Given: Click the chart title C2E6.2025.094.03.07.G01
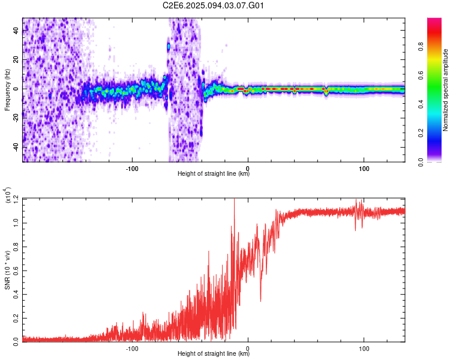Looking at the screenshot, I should click(x=214, y=5).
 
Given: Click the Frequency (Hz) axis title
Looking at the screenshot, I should click(x=7, y=89).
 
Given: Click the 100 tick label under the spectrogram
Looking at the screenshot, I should click(x=364, y=167).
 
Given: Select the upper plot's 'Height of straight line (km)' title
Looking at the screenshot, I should click(x=214, y=174).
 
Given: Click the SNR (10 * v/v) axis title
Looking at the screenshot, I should click(x=7, y=269).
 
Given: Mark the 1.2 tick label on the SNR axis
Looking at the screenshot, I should click(x=16, y=198).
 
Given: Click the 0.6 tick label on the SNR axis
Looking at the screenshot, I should click(x=16, y=269).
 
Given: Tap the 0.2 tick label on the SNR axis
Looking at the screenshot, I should click(x=16, y=317).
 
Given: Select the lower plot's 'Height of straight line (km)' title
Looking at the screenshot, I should click(x=214, y=354).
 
